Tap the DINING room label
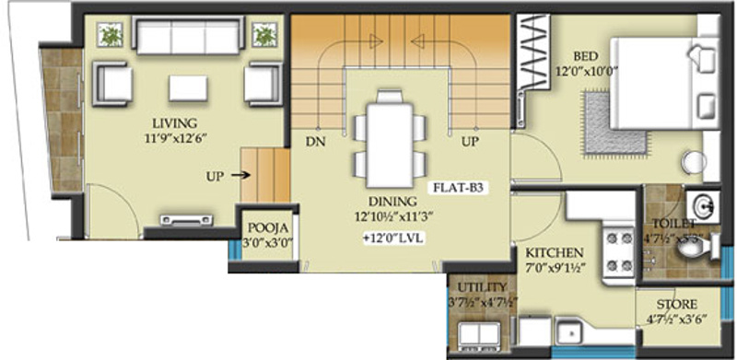385,203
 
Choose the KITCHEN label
555,251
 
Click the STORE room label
676,304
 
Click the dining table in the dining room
386,138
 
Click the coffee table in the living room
188,87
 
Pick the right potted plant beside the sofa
264,36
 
